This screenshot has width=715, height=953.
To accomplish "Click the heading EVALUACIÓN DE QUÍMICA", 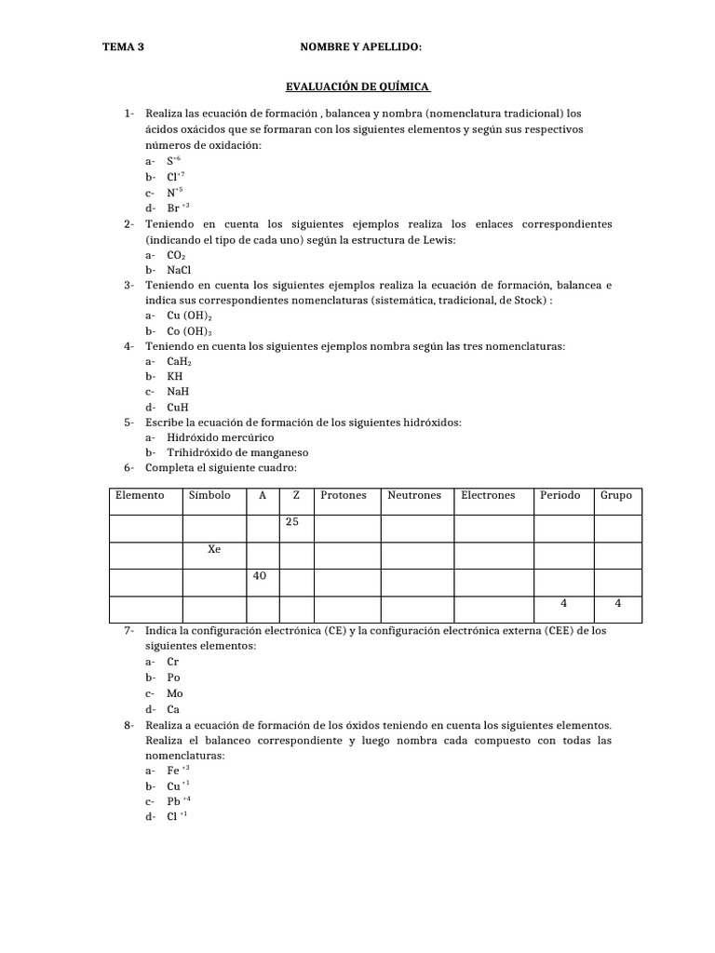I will click(x=357, y=87).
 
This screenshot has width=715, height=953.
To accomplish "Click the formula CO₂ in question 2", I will click(x=177, y=255).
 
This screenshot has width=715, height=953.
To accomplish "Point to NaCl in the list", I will click(x=179, y=270).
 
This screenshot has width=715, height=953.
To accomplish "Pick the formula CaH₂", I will click(x=179, y=361).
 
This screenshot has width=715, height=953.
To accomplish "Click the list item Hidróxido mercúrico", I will click(x=221, y=437).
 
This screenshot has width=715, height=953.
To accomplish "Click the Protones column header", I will click(x=344, y=496).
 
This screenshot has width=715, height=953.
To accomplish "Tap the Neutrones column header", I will click(x=414, y=496).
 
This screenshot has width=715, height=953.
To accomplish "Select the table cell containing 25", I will click(x=292, y=523).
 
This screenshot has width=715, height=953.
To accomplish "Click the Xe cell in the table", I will click(x=214, y=550).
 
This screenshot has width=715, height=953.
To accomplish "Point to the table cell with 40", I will click(x=260, y=577).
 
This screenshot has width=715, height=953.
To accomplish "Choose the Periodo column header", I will click(x=560, y=496).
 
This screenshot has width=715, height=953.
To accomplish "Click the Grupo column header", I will click(x=616, y=496).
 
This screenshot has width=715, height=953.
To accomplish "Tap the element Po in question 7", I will click(x=174, y=678).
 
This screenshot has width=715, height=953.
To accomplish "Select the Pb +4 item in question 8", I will click(x=179, y=801).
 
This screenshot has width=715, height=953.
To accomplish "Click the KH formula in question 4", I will click(x=175, y=377).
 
